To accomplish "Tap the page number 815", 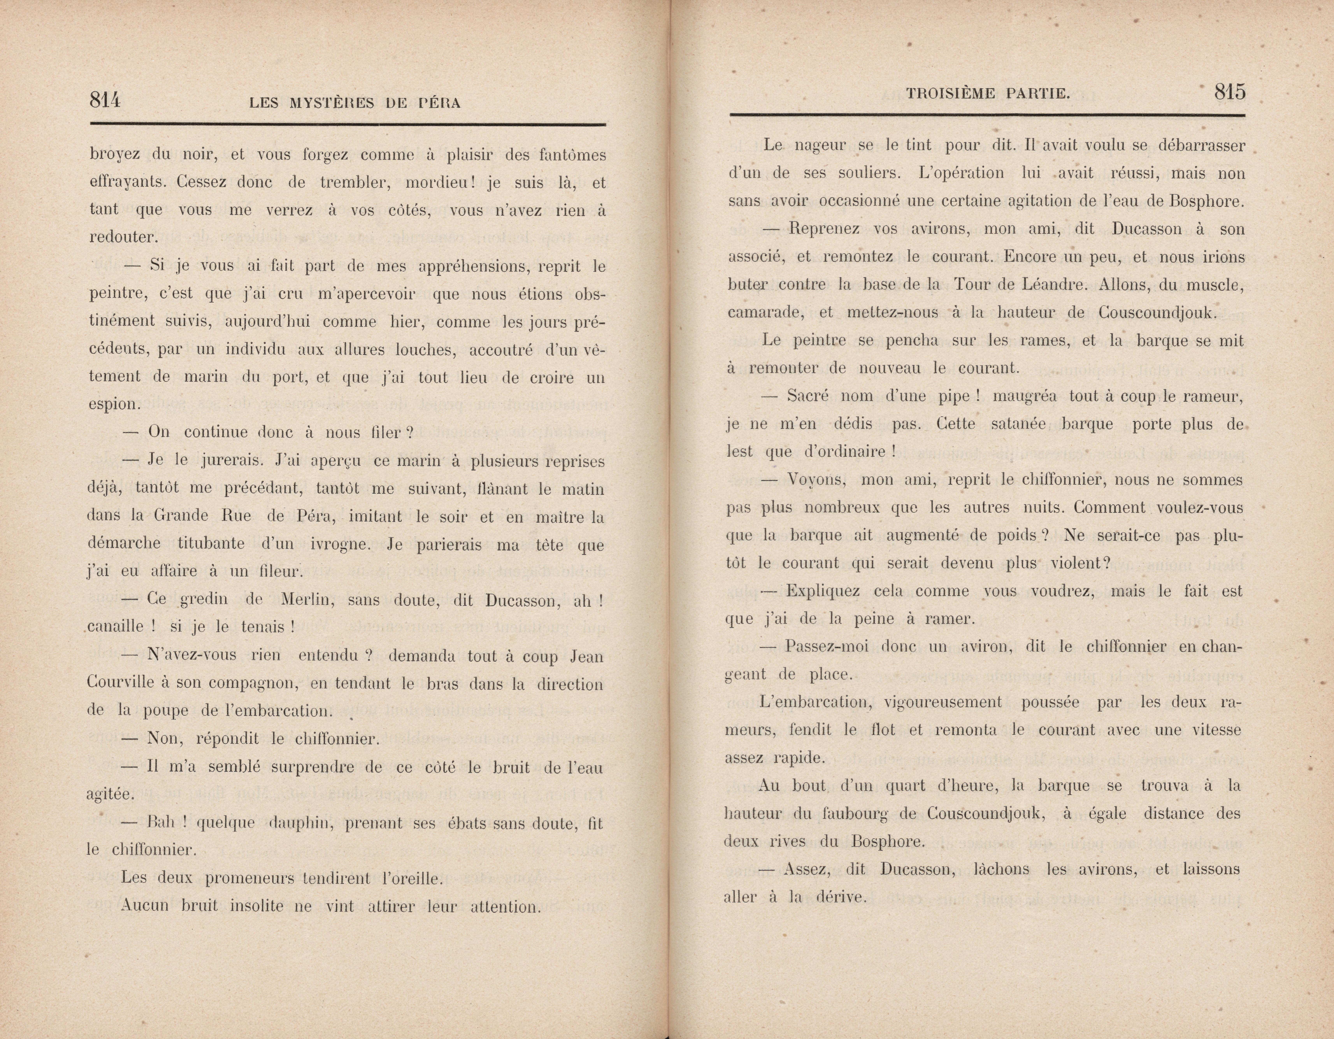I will click(1230, 92).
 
